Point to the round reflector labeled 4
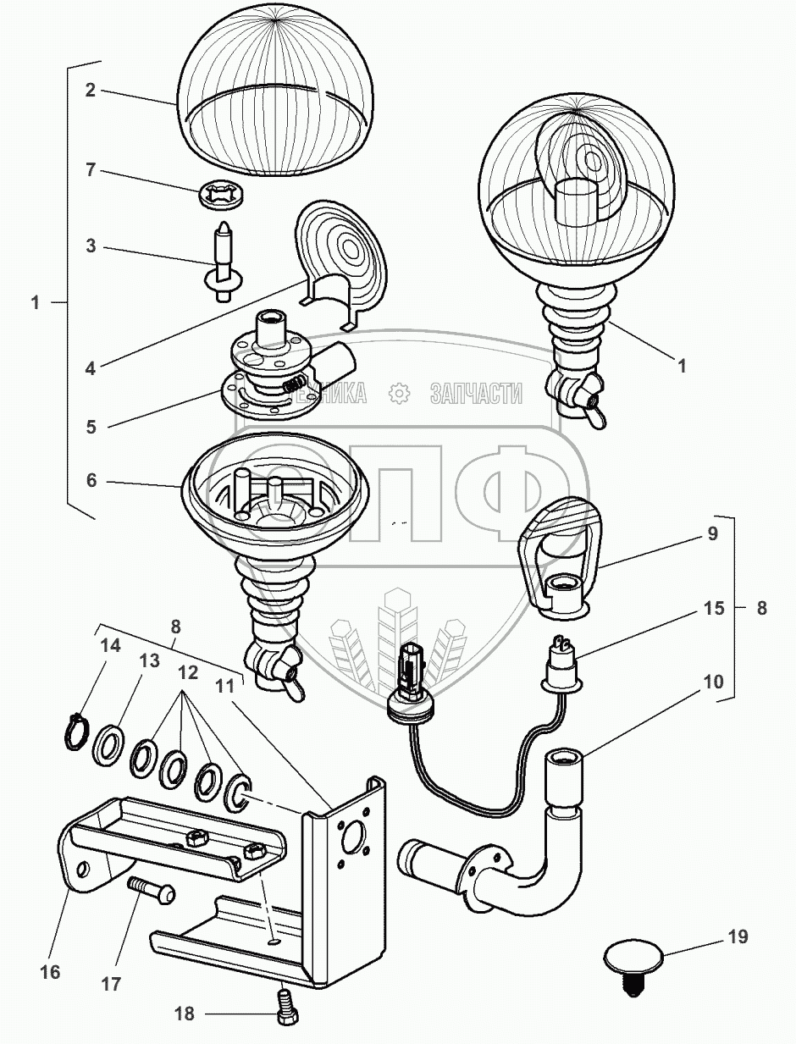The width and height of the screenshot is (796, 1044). pos(343,258)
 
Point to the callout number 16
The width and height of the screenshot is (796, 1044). pos(51,971)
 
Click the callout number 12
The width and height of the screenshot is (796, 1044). pos(187,674)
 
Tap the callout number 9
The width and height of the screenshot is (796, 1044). pos(710,534)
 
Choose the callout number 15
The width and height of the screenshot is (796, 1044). pos(710,609)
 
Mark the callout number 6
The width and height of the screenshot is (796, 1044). pos(91,480)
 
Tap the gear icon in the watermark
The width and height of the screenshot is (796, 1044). pos(397,394)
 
